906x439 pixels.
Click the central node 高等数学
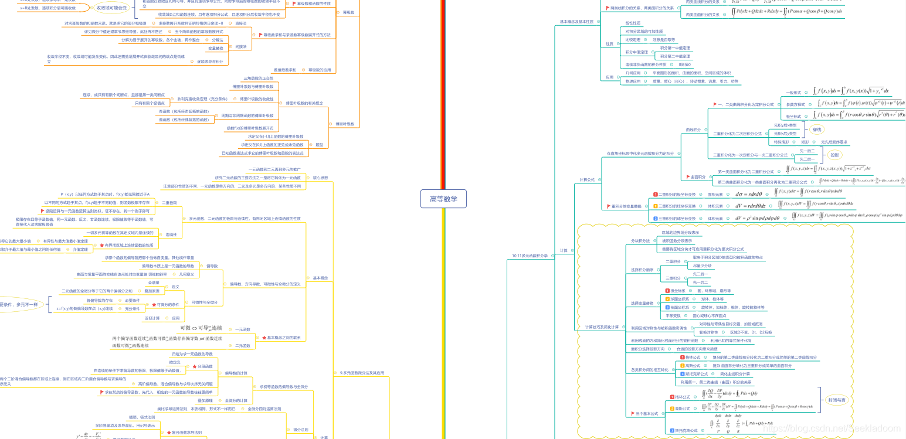pyautogui.click(x=443, y=199)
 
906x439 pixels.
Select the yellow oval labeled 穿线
pyautogui.click(x=817, y=130)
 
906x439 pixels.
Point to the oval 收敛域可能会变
pyautogui.click(x=111, y=8)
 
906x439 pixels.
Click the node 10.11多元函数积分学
pyautogui.click(x=530, y=256)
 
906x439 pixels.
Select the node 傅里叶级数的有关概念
pyautogui.click(x=304, y=103)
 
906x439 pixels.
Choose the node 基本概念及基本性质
pyautogui.click(x=576, y=22)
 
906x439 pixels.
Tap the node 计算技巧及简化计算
pyautogui.click(x=602, y=326)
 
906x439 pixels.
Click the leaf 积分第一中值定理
pyautogui.click(x=675, y=48)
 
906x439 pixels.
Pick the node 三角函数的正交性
pyautogui.click(x=258, y=78)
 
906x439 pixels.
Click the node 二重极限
pyautogui.click(x=169, y=202)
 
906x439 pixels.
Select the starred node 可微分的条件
pyautogui.click(x=167, y=304)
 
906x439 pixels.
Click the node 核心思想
pyautogui.click(x=320, y=177)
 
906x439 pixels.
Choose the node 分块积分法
pyautogui.click(x=640, y=240)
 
